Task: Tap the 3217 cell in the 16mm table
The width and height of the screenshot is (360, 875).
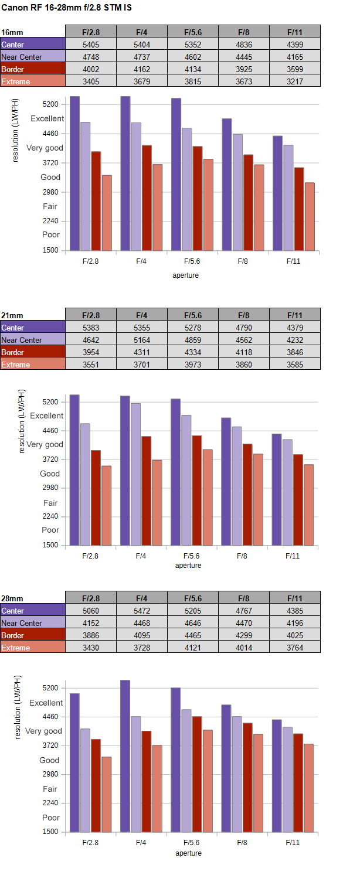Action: point(294,81)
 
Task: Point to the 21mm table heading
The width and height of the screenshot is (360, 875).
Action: point(12,315)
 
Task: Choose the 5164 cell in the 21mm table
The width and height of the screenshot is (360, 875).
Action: point(141,340)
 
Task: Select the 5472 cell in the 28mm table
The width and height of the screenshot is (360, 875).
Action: point(141,611)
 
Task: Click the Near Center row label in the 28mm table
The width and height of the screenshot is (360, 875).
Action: point(22,623)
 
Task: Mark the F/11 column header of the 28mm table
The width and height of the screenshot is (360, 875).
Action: point(294,598)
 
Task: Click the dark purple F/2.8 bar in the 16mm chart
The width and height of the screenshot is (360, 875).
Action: point(74,173)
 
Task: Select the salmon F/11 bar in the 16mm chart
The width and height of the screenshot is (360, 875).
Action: point(310,216)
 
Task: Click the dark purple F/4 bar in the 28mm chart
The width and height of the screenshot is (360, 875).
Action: point(125,755)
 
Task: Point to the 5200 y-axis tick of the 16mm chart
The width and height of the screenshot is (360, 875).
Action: point(51,104)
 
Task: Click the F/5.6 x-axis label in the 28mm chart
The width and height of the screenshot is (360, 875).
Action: point(192,842)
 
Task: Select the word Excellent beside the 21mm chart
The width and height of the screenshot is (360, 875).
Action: point(47,416)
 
